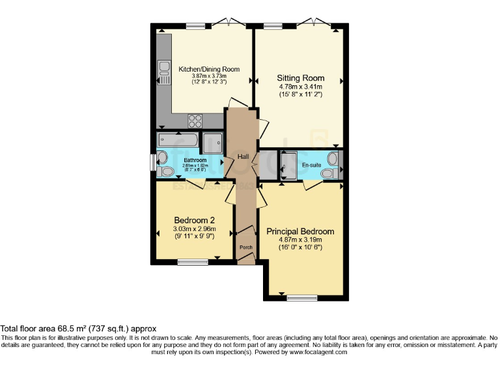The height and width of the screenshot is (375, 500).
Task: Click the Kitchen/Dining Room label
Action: tap(209, 69)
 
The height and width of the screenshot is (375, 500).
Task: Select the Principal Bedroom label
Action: tap(300, 231)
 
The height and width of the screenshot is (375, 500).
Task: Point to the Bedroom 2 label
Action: tap(194, 220)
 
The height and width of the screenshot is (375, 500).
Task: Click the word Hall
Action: tap(243, 157)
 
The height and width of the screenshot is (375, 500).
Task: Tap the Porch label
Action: tap(245, 247)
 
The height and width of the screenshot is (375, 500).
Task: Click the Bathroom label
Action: tap(195, 160)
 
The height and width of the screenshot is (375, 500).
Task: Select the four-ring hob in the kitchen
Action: tap(195, 120)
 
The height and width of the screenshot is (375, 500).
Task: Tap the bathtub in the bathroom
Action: tap(177, 141)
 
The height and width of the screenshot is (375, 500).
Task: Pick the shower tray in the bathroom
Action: tap(212, 141)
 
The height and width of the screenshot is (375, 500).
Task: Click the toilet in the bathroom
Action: tap(165, 171)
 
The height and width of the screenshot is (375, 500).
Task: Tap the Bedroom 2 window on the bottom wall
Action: tap(193, 262)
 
